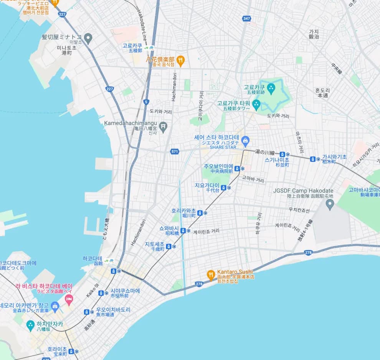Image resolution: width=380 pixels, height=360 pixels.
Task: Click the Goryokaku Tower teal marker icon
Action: [x=256, y=104]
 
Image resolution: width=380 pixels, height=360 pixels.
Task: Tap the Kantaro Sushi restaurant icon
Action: [x=210, y=274]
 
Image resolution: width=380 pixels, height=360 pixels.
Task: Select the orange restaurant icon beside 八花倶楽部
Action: [x=180, y=60]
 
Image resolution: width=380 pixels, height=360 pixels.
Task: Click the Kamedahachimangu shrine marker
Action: [x=163, y=126]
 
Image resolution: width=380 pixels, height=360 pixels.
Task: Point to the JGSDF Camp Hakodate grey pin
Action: [x=330, y=204]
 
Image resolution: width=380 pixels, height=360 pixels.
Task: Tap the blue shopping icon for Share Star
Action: [x=245, y=140]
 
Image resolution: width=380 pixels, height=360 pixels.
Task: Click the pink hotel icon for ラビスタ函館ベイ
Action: [x=69, y=299]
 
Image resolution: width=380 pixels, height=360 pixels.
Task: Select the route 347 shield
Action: [x=246, y=18]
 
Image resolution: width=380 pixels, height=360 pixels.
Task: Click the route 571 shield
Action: [x=175, y=151]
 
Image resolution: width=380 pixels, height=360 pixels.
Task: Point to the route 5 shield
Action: [x=146, y=102]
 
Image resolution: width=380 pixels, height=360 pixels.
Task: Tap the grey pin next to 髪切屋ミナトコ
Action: [x=88, y=38]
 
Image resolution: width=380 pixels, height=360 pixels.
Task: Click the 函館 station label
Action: [x=98, y=263]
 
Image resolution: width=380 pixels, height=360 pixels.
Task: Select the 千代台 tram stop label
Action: [x=212, y=190]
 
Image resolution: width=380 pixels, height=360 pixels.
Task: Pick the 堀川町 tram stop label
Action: [x=189, y=215]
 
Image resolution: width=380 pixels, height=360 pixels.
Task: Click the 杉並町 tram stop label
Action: [x=273, y=164]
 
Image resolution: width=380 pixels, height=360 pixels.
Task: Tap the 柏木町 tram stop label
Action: [x=329, y=162]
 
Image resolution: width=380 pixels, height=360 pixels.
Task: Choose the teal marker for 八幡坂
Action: [x=30, y=325]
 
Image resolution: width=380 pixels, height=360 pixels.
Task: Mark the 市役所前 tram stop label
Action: [x=120, y=296]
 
